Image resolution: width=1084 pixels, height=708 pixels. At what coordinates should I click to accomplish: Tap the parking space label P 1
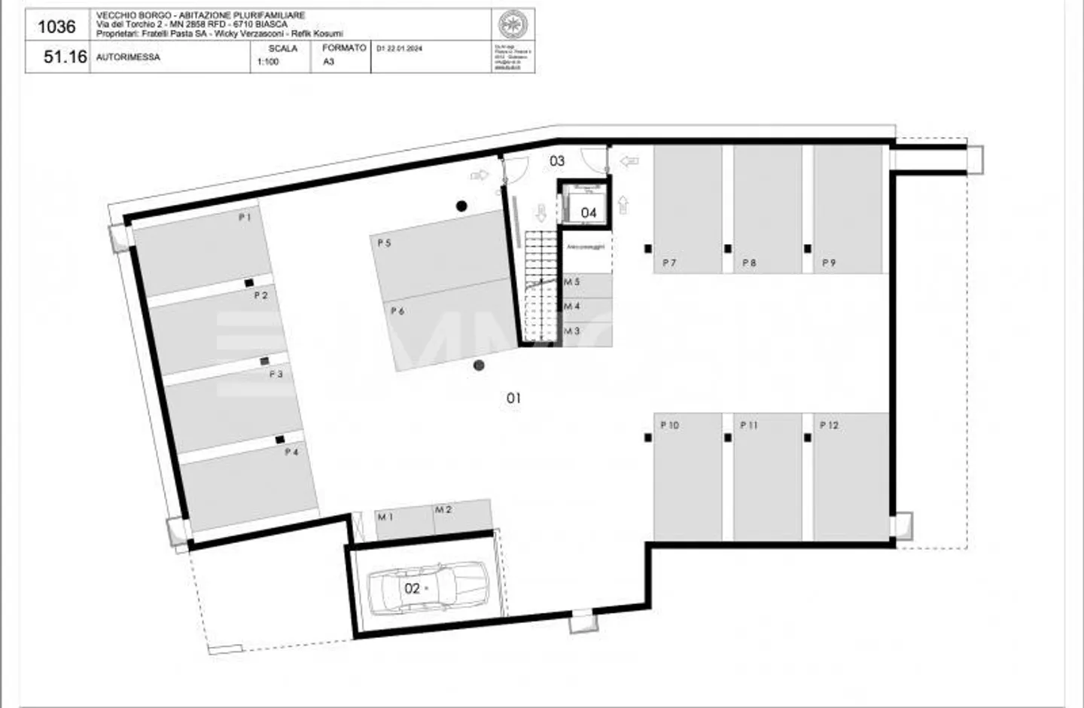(x=245, y=217)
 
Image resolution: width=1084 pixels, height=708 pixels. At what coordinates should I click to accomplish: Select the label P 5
(x=384, y=243)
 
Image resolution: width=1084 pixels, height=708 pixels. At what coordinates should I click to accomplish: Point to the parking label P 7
(x=668, y=263)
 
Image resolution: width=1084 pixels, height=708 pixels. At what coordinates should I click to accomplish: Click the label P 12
(x=828, y=426)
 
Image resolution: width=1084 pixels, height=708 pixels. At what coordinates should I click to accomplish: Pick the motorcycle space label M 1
(x=385, y=517)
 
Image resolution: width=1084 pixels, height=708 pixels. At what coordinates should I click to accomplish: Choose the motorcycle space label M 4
(x=572, y=307)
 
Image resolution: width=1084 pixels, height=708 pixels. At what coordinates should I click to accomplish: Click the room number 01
(x=513, y=398)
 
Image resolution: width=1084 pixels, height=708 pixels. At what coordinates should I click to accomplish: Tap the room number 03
(x=557, y=160)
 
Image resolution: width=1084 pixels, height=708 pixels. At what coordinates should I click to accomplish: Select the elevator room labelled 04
(x=588, y=213)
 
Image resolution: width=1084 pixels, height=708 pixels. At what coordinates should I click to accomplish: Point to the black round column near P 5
(x=461, y=206)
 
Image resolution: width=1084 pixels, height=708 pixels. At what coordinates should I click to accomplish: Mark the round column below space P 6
(x=479, y=365)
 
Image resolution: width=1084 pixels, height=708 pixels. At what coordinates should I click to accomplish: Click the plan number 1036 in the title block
(x=56, y=27)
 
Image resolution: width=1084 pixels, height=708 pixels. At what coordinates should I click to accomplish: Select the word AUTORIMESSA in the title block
(x=128, y=57)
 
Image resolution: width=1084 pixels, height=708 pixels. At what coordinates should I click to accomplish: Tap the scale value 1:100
(x=268, y=62)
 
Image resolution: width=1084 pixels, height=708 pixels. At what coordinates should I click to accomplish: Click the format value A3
(x=328, y=62)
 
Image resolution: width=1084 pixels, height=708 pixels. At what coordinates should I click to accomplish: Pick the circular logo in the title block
(x=513, y=25)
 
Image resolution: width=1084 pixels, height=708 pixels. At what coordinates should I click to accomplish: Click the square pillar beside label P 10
(x=648, y=438)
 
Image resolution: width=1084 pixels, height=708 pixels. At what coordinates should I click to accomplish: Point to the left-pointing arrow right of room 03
(x=629, y=160)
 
